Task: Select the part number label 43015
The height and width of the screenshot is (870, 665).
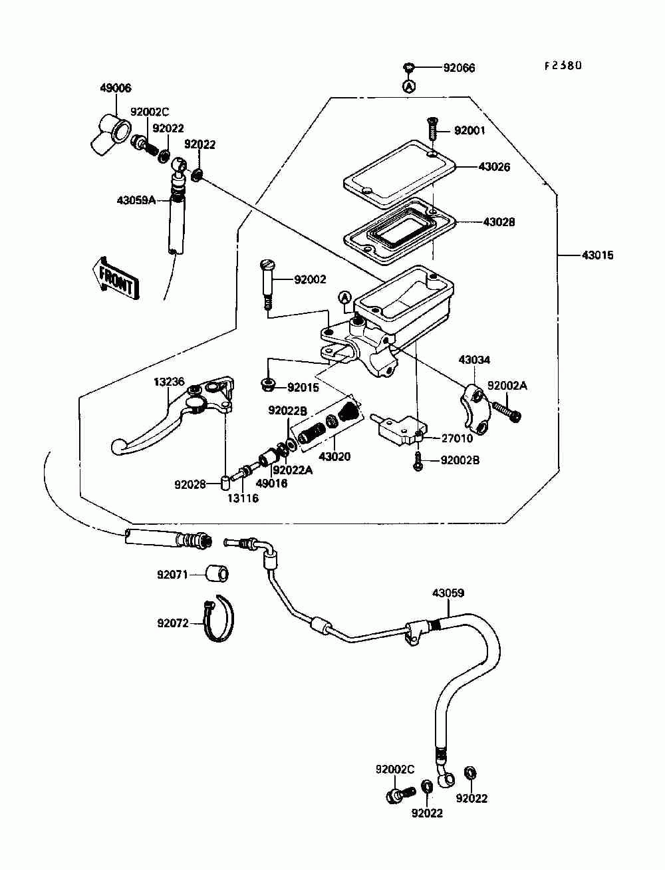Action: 597,255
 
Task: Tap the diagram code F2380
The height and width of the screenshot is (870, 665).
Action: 562,66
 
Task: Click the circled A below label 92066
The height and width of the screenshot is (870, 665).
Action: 409,85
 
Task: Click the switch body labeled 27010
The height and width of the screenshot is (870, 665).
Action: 400,428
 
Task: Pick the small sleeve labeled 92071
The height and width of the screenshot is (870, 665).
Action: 217,573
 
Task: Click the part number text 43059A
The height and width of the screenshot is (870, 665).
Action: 136,201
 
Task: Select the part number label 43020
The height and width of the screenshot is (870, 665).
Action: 334,457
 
